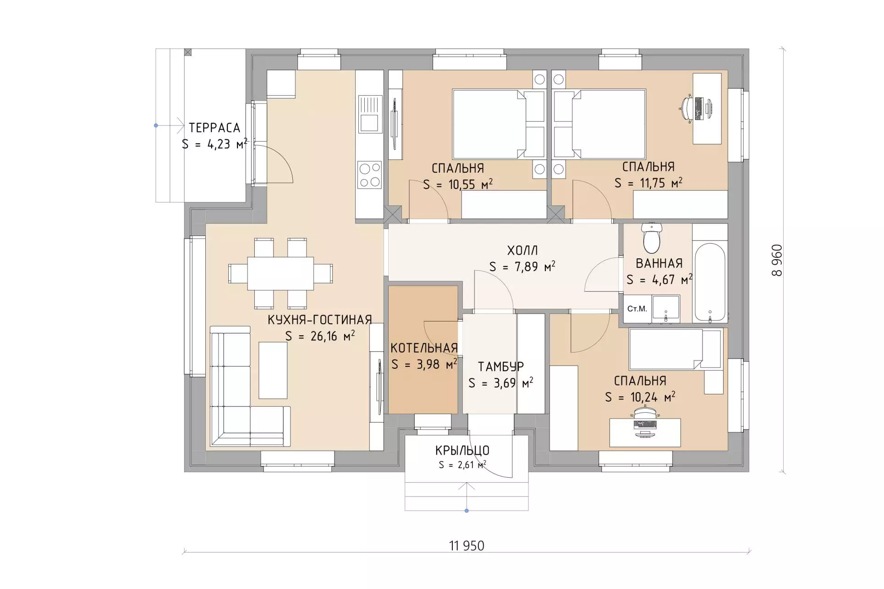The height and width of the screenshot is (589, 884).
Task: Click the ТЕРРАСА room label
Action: point(214,127)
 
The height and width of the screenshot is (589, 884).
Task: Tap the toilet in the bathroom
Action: point(652,237)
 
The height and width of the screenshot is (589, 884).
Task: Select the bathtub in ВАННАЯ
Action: point(710,282)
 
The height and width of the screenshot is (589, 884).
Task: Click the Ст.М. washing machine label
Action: point(637,309)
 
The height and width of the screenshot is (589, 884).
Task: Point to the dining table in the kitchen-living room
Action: point(280,273)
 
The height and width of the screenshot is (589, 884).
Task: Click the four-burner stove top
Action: point(370,175)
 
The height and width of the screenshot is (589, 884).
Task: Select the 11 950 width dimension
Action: point(467,545)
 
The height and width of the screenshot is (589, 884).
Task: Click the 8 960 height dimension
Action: point(777,260)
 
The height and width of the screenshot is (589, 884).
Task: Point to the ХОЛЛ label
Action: point(522,251)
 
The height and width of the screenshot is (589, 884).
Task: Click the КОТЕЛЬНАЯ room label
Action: point(424,348)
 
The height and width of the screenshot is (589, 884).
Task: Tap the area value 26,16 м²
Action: point(333,336)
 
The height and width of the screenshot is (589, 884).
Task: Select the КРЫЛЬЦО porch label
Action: point(462,450)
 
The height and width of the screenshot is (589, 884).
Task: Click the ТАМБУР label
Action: point(501,366)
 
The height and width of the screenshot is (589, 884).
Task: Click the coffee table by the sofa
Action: point(273,370)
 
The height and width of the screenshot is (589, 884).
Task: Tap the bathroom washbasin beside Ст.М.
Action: point(665,308)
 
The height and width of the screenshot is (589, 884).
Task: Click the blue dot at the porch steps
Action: point(467,511)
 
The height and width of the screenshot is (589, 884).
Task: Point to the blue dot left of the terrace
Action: point(156,125)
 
